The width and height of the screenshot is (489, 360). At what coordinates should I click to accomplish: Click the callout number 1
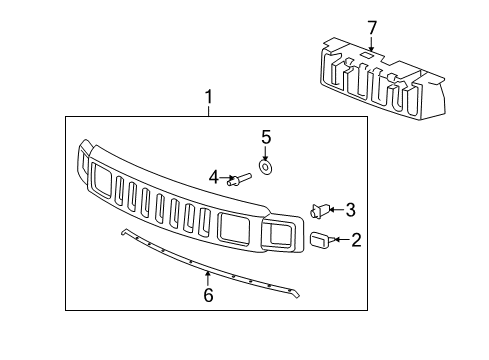pyautogui.click(x=209, y=98)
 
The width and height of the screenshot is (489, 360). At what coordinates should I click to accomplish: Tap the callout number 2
pyautogui.click(x=357, y=239)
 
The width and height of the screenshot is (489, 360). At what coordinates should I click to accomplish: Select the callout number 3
pyautogui.click(x=350, y=209)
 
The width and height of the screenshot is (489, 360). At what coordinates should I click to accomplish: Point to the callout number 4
pyautogui.click(x=214, y=178)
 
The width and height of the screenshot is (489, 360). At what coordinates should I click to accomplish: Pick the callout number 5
pyautogui.click(x=266, y=136)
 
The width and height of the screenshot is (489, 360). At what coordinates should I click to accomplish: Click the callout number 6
pyautogui.click(x=208, y=295)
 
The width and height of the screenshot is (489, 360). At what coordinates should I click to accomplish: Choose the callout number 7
pyautogui.click(x=372, y=27)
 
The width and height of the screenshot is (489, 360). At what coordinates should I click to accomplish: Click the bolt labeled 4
pyautogui.click(x=241, y=180)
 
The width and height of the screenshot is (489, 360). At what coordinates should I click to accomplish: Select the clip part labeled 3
pyautogui.click(x=320, y=210)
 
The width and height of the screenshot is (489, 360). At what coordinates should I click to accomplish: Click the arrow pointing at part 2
pyautogui.click(x=341, y=239)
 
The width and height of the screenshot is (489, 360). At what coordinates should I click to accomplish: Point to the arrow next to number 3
pyautogui.click(x=336, y=209)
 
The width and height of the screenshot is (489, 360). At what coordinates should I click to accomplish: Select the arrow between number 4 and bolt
pyautogui.click(x=227, y=179)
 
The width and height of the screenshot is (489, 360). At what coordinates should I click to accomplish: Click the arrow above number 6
pyautogui.click(x=207, y=275)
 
